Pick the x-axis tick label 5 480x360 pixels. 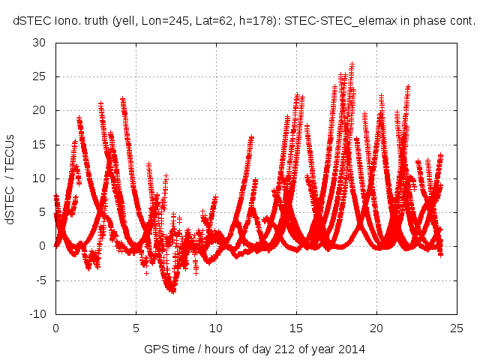tap(136, 328)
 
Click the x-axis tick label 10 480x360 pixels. tap(216, 328)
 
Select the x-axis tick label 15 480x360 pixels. tap(296, 328)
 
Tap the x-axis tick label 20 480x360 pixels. tap(376, 328)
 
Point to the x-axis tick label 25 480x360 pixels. tap(457, 328)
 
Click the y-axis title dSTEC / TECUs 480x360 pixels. tap(10, 178)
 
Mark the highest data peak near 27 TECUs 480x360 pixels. tap(352, 64)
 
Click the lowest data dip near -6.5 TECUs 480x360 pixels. tap(172, 290)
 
